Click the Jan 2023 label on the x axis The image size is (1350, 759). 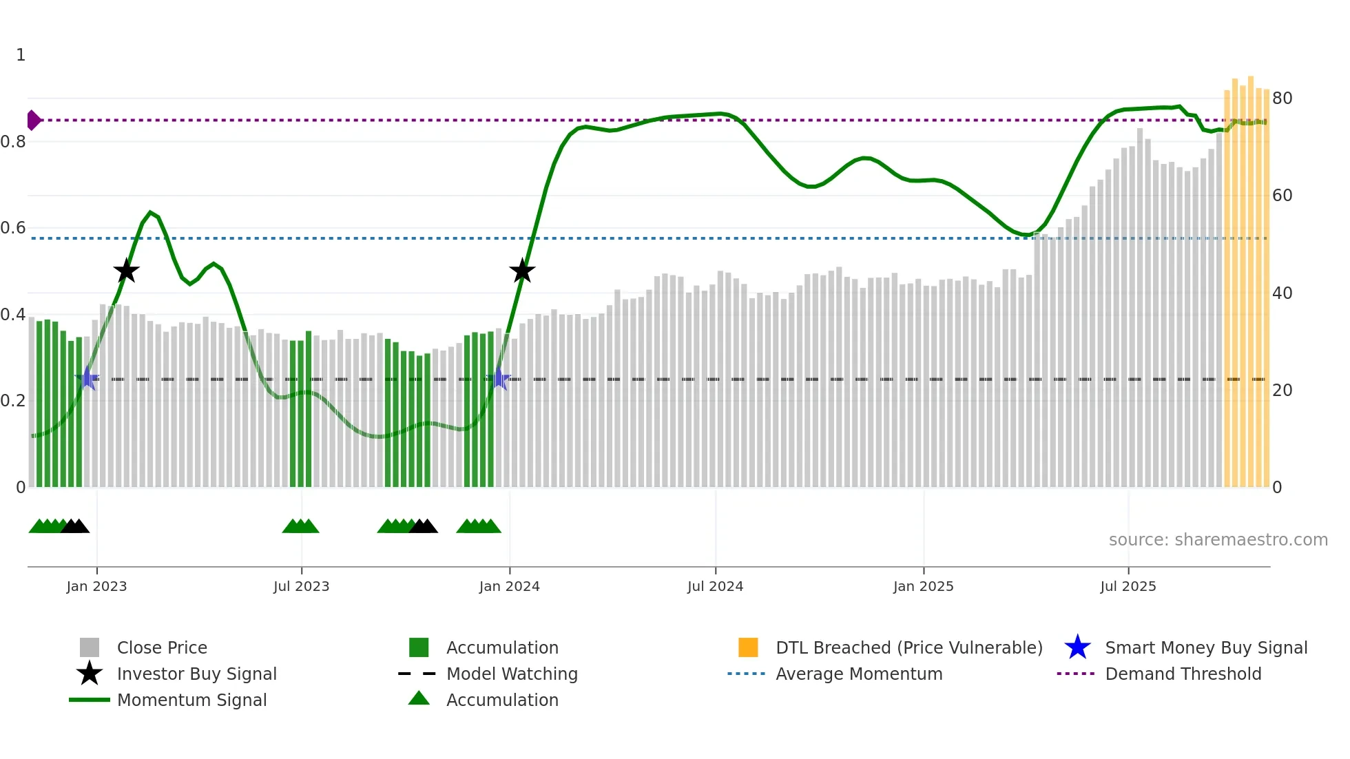96,586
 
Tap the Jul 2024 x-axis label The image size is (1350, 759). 715,586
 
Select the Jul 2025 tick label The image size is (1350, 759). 1128,586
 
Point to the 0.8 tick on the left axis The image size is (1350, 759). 13,142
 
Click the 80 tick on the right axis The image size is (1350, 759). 1282,98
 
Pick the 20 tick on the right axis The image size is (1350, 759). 1282,391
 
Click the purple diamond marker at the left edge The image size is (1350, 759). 33,121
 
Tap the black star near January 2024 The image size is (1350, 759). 522,271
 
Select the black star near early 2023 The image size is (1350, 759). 126,271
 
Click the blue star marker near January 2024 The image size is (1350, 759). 499,379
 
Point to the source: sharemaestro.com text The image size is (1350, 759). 1218,540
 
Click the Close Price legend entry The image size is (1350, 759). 162,647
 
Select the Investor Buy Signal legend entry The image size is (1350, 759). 196,674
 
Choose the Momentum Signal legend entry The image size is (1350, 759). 191,700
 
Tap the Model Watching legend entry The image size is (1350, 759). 512,674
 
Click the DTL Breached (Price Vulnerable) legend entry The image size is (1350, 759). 908,647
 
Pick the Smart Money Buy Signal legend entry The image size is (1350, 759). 1205,647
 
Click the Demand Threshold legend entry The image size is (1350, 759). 1183,674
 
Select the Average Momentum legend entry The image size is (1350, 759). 859,674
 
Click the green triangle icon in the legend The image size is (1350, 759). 419,698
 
